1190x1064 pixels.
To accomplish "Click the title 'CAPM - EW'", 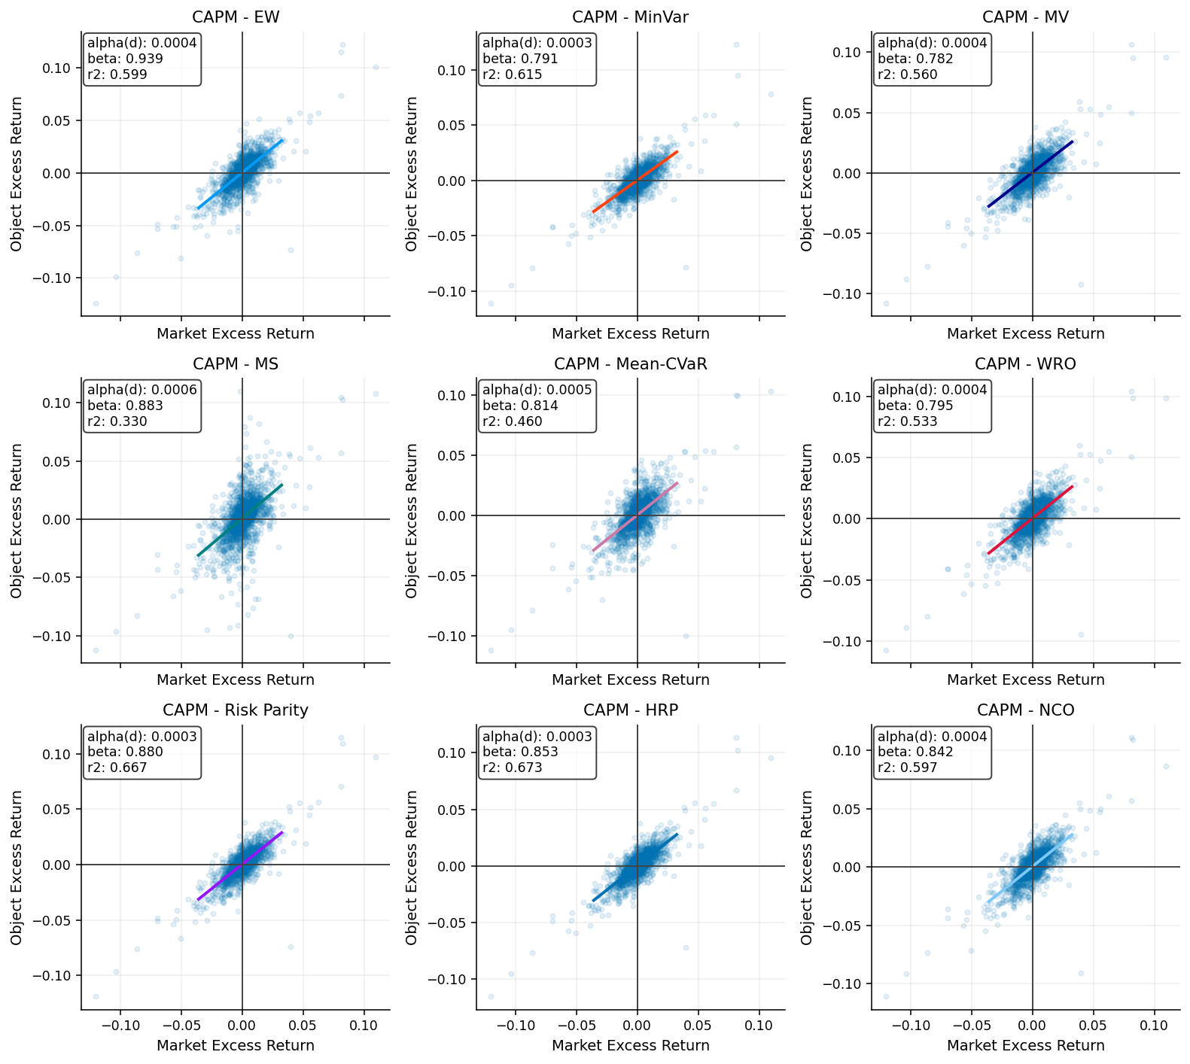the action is [x=236, y=17].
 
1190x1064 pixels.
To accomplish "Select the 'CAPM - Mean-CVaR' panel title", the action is [x=631, y=364].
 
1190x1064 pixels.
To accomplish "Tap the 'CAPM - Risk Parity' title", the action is [x=236, y=710].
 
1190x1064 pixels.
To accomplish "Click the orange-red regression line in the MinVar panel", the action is [x=635, y=181].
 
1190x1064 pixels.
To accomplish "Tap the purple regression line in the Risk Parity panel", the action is [x=239, y=866].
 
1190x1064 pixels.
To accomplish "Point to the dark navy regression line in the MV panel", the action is [x=1030, y=174].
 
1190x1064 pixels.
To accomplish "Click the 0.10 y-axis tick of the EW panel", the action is [x=61, y=68].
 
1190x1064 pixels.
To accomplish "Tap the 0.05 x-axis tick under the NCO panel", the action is [x=1093, y=1026].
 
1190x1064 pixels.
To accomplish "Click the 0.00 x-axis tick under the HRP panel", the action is [x=637, y=1026].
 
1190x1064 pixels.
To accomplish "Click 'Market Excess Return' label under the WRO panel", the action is [x=1026, y=679].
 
